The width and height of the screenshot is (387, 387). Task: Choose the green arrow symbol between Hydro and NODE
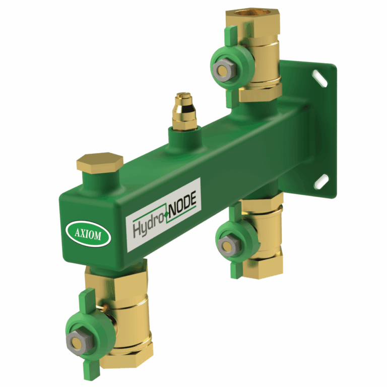pos(165,214)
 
